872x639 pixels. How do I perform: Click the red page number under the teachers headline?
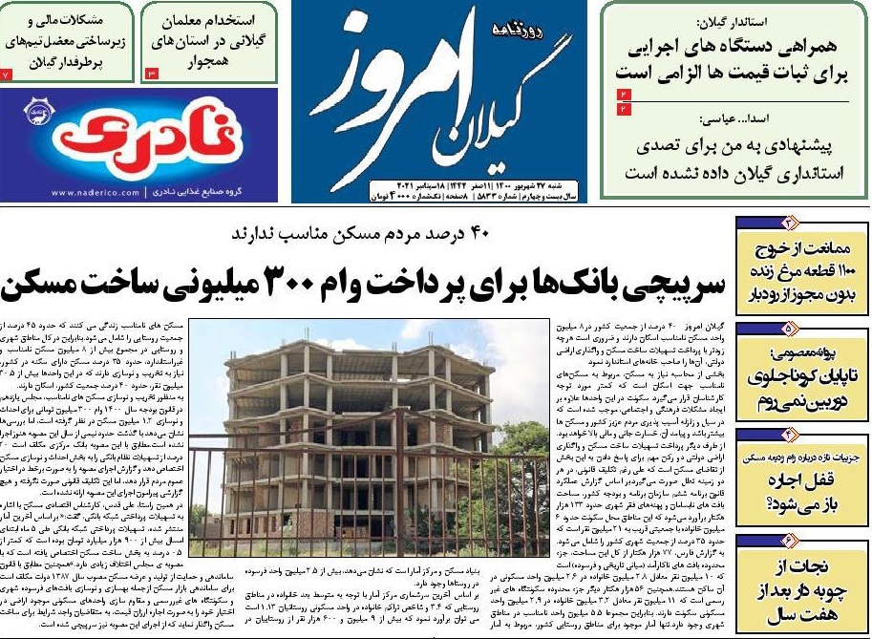(151, 73)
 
